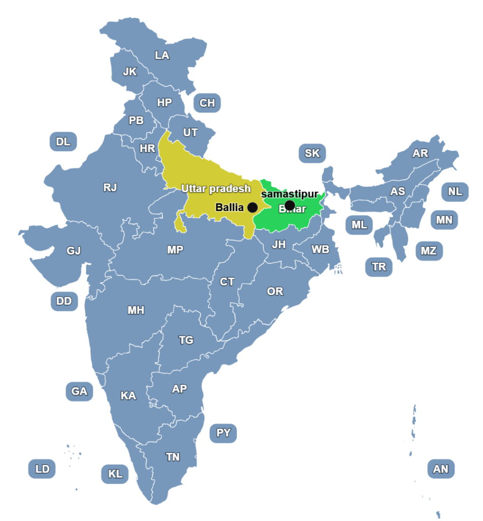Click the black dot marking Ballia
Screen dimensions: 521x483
[252, 207]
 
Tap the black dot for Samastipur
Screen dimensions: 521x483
[290, 205]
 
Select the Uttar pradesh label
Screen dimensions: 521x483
[216, 189]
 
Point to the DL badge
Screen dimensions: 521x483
[63, 141]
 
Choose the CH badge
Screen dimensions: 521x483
[207, 103]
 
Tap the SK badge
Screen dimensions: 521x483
[312, 153]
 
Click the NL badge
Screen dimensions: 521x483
[455, 191]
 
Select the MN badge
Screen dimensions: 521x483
[444, 220]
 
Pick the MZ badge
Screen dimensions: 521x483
[429, 250]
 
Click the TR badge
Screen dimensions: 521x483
[379, 267]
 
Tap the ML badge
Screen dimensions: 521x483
[359, 224]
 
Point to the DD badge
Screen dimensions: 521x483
[64, 301]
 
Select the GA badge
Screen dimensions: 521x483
[79, 391]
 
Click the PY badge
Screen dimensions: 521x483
[223, 433]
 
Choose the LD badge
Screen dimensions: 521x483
[42, 469]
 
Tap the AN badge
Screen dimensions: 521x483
[441, 469]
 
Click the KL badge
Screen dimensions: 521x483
[116, 474]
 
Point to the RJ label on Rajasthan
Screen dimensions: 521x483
[110, 187]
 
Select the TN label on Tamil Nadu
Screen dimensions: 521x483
[173, 457]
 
